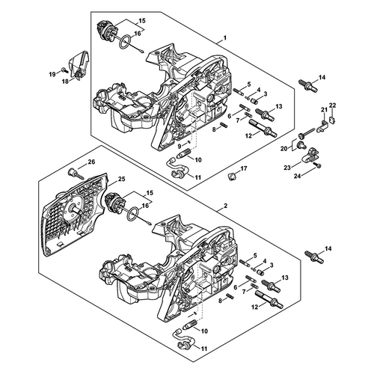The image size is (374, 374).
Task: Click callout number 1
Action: (x=224, y=38)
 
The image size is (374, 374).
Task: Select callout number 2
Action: (x=225, y=206)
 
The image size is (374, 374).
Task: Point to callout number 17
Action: (x=244, y=169)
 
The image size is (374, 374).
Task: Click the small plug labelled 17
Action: (x=232, y=177)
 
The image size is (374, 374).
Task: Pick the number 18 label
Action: (x=65, y=82)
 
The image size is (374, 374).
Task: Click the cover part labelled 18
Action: (x=79, y=65)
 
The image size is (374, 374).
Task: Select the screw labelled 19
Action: (x=64, y=70)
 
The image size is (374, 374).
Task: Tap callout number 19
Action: (x=52, y=74)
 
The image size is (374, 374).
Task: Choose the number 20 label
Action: (x=284, y=148)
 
